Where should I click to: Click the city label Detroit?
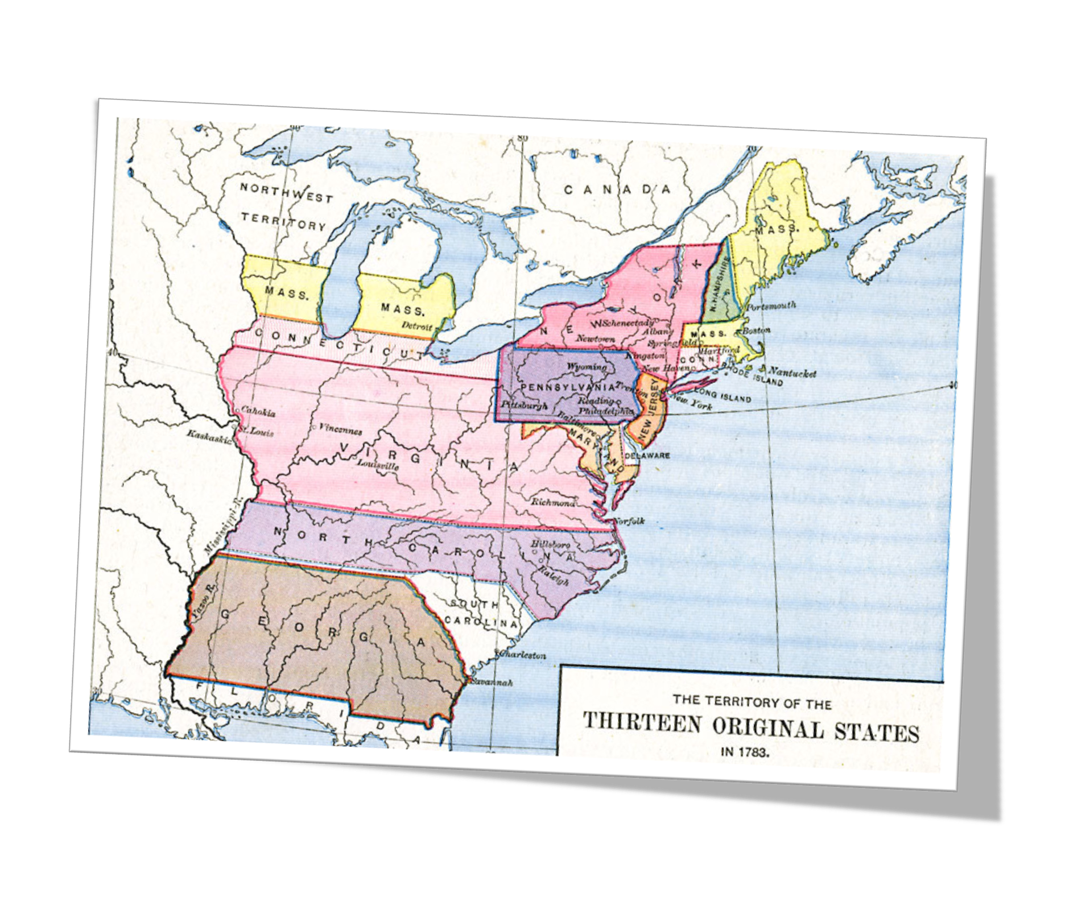[417, 326]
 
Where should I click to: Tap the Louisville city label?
[378, 464]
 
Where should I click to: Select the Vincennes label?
[340, 429]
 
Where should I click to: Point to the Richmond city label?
[553, 502]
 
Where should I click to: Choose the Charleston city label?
[522, 655]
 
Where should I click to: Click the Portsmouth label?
[771, 307]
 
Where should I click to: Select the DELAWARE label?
[647, 456]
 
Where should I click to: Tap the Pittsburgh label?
[525, 406]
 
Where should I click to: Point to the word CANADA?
[617, 189]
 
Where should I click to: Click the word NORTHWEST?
[286, 192]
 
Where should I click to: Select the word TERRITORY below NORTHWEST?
[283, 221]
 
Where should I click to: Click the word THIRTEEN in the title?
[642, 723]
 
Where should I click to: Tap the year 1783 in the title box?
[755, 752]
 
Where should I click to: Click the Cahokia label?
[258, 412]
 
